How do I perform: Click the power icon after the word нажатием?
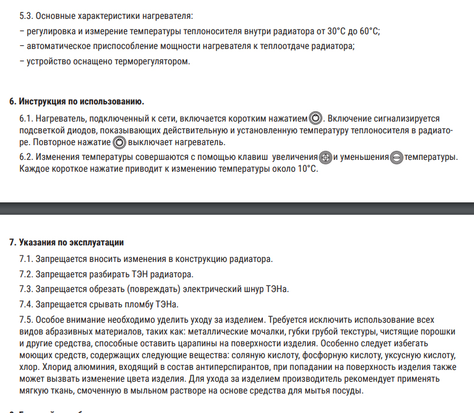(316, 119)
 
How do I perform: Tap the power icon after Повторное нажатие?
(120, 143)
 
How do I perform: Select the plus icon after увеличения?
(325, 158)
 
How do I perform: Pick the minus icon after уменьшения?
(397, 158)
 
